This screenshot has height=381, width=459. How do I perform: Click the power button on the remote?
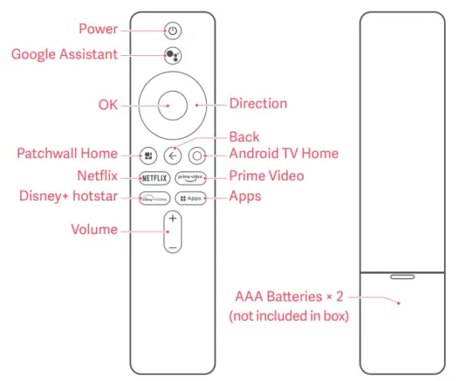tap(172, 31)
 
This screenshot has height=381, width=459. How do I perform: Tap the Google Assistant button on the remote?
tap(172, 55)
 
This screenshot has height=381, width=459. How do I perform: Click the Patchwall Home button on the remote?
tap(148, 155)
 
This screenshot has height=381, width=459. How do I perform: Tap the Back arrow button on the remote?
tap(173, 155)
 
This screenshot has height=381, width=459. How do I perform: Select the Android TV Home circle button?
tap(197, 155)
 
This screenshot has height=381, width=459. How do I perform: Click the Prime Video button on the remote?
tap(191, 177)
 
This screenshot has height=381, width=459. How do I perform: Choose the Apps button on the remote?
tap(191, 198)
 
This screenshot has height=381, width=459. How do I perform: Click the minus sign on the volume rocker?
tap(172, 247)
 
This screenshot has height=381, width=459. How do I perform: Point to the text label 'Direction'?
tap(258, 104)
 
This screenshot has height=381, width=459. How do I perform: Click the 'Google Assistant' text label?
tap(64, 54)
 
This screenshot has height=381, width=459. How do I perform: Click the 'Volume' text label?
tap(93, 229)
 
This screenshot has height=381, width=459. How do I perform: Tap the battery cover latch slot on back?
tap(402, 273)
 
